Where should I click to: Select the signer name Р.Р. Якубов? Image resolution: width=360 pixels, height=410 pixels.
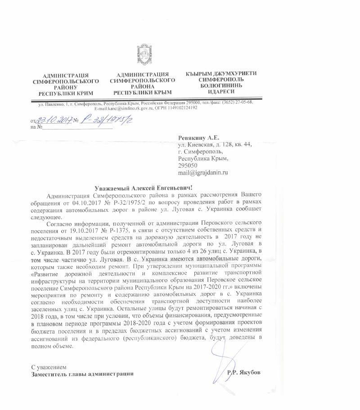(x=244, y=373)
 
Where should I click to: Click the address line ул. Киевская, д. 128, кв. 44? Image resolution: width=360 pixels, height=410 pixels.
(x=215, y=144)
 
